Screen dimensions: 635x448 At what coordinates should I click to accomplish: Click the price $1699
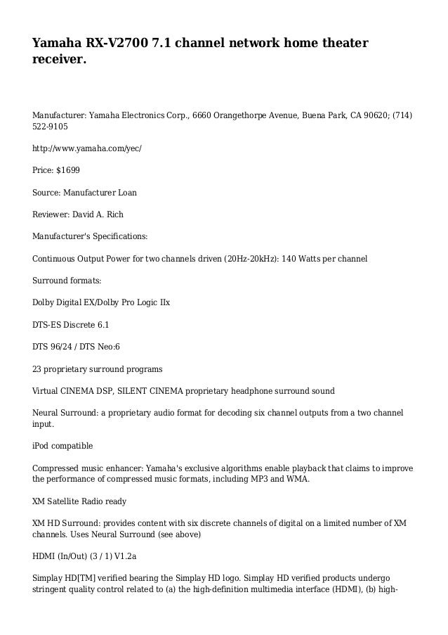pyautogui.click(x=69, y=171)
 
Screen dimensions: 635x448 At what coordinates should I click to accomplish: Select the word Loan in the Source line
pyautogui.click(x=127, y=192)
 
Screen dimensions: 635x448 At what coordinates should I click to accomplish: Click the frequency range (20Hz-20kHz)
pyautogui.click(x=250, y=259)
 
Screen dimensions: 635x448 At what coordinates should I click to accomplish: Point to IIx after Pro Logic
pyautogui.click(x=163, y=303)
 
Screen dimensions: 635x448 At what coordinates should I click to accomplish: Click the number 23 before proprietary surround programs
pyautogui.click(x=37, y=368)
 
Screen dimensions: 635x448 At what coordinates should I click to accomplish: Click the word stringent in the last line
pyautogui.click(x=53, y=591)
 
